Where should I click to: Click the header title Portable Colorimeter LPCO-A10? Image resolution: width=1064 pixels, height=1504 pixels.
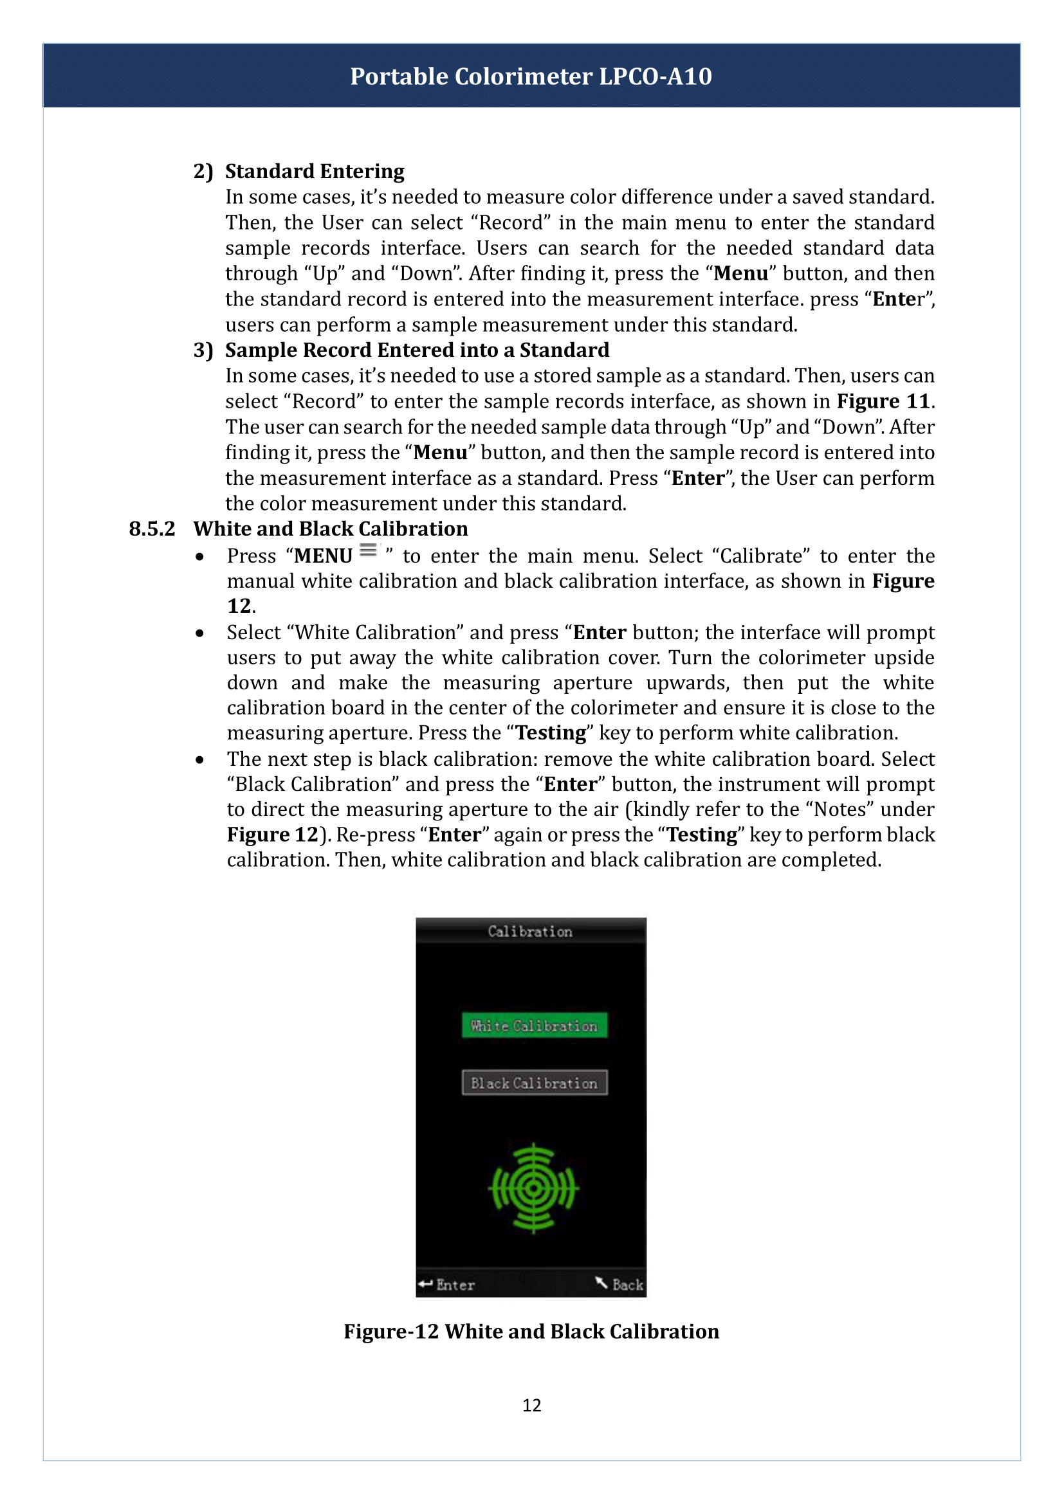click(531, 77)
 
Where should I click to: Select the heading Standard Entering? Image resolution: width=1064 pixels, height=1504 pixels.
click(315, 171)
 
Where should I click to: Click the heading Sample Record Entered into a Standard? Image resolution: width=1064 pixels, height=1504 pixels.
click(417, 350)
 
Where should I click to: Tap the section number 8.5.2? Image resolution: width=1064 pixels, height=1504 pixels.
click(152, 529)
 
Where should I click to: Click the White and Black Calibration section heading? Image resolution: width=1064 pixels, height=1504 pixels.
click(330, 529)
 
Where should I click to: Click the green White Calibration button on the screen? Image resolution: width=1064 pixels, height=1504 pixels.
click(534, 1026)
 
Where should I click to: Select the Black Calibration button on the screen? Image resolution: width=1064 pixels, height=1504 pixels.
click(534, 1083)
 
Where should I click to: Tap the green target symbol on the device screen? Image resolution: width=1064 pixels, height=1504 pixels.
click(534, 1188)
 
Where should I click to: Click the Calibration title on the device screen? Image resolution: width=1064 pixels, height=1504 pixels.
click(530, 932)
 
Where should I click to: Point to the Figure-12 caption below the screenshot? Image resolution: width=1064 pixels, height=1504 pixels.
click(531, 1331)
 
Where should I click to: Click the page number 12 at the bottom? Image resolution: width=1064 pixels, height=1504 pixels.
click(531, 1405)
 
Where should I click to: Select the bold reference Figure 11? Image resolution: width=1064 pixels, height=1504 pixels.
click(883, 401)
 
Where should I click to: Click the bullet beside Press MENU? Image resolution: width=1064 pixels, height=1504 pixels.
click(200, 557)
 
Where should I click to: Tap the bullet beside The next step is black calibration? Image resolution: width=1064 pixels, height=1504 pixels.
click(200, 760)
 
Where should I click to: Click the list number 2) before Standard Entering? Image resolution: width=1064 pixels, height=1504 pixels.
click(203, 171)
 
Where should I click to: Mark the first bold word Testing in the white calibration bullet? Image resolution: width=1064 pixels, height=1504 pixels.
click(551, 733)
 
